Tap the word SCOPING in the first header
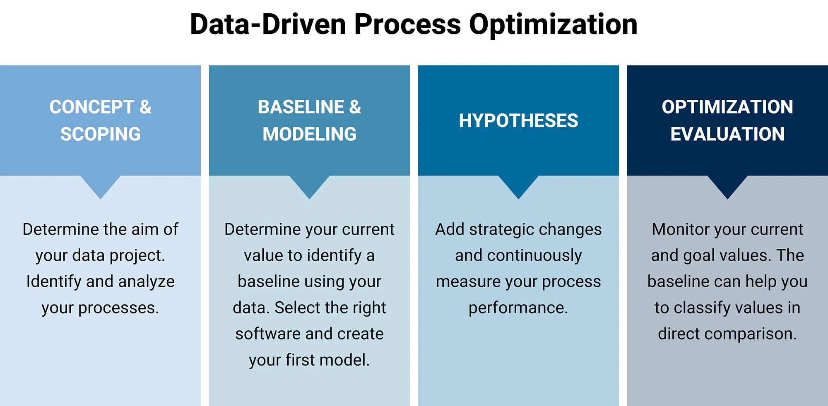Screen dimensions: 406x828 pos(101,134)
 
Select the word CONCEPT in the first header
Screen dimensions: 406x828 pos(92,107)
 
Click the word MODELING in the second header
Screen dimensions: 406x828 pos(309,134)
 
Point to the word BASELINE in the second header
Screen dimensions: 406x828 pos(301,107)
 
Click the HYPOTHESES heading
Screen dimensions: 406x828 pos(518,120)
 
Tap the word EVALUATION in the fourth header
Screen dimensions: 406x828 pos(727,134)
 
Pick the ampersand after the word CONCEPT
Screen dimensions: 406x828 pos(145,107)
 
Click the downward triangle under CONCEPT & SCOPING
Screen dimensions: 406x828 pos(101,185)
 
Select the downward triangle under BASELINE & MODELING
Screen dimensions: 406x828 pos(309,185)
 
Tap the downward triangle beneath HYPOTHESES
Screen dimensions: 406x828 pos(518,185)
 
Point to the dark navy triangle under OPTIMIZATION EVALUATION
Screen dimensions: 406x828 pos(727,185)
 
